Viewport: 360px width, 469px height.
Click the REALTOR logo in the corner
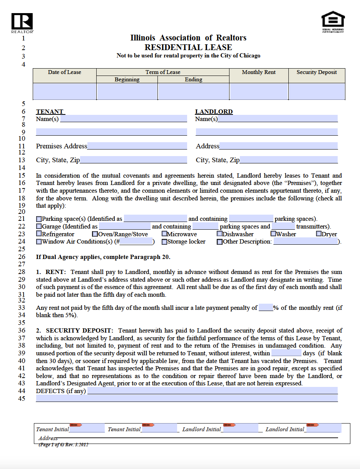22,22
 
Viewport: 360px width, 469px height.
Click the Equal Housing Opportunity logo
333,21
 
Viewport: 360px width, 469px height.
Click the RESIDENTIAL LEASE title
188,47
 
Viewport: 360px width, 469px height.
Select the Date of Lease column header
64,72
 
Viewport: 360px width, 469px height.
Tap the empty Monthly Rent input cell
259,91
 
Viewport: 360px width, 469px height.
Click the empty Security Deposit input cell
316,91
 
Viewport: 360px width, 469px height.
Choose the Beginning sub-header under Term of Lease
127,79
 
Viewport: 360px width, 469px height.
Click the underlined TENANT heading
50,112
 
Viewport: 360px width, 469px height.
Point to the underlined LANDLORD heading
214,112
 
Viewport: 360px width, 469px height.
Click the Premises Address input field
137,146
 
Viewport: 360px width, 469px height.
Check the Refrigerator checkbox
39,234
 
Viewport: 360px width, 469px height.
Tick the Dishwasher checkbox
219,234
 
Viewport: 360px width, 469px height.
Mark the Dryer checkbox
319,234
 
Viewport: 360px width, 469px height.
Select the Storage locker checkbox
164,242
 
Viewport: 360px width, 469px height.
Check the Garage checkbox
39,227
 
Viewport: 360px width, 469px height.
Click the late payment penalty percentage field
266,308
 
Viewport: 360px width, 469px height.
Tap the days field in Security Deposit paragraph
286,353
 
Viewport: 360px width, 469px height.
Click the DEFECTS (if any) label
61,391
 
